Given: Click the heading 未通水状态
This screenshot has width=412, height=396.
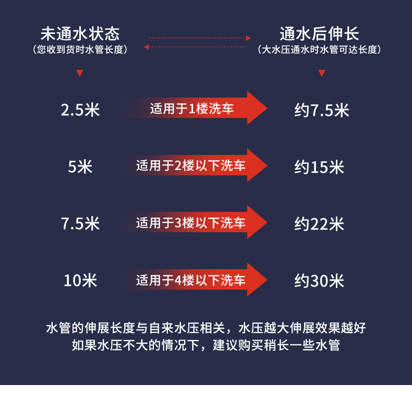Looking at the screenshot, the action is [x=80, y=34].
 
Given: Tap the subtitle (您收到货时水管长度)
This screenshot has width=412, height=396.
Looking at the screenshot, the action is [x=80, y=50].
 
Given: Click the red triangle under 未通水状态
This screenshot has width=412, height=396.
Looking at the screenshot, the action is [x=80, y=73].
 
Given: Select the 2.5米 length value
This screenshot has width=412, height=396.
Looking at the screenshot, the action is [x=80, y=110].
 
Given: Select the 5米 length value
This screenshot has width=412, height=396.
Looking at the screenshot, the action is [x=80, y=167].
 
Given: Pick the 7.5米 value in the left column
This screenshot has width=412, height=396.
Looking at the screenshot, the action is [x=80, y=224].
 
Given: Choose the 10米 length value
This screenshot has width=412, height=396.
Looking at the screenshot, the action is [x=80, y=281].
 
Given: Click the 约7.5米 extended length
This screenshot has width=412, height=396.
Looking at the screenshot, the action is [x=321, y=110].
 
